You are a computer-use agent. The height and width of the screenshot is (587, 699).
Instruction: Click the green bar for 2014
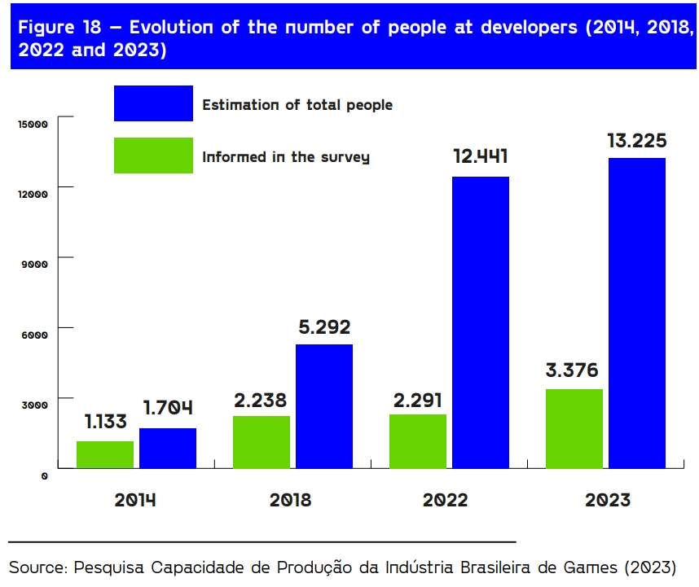(x=105, y=454)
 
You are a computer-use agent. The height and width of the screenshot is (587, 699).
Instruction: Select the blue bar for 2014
(x=168, y=448)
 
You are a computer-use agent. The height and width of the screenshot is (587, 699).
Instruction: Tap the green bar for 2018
(x=262, y=442)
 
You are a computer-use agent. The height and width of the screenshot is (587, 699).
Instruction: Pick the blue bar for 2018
(x=324, y=406)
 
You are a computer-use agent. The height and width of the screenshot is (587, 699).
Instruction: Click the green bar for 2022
(x=418, y=441)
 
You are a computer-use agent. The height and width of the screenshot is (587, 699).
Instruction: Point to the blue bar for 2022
(x=481, y=322)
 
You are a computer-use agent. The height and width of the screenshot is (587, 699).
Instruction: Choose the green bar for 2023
(x=574, y=428)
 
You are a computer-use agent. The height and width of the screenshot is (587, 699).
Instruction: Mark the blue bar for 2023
(x=637, y=313)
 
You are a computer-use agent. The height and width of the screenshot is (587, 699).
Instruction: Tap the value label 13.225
(x=637, y=140)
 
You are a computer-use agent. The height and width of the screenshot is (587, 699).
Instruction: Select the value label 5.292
(x=323, y=327)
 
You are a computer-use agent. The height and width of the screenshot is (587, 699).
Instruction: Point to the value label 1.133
(x=105, y=422)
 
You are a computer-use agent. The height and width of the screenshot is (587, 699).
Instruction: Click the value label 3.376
(x=572, y=371)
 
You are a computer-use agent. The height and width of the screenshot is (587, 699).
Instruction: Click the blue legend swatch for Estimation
(x=153, y=103)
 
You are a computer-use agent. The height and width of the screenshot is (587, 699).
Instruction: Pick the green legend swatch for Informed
(x=153, y=156)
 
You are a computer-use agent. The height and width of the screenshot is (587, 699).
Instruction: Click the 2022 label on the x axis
(x=445, y=500)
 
